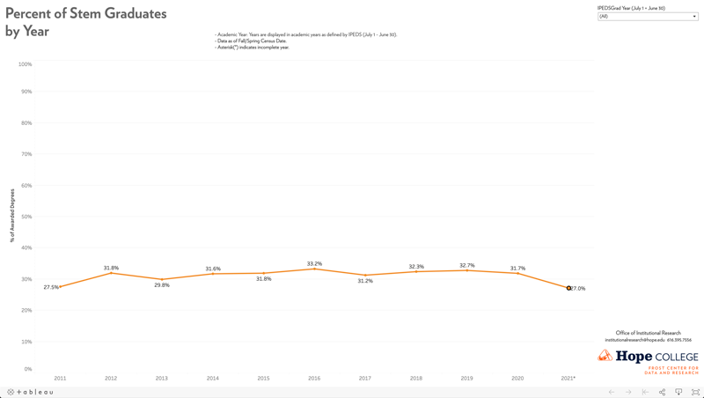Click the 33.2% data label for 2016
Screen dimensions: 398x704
click(x=314, y=264)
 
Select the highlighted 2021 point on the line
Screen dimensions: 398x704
click(x=568, y=288)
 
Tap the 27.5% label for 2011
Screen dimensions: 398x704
click(x=51, y=287)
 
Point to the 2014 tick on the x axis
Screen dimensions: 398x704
click(x=213, y=379)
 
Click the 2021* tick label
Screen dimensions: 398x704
click(x=568, y=379)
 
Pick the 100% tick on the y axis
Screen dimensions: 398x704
click(x=25, y=64)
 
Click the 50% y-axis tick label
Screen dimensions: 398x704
click(x=26, y=217)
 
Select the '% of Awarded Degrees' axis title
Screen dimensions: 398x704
click(x=13, y=215)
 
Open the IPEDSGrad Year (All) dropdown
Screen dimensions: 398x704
click(x=648, y=17)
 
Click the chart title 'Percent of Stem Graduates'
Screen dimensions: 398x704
click(x=85, y=14)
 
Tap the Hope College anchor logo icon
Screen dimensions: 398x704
click(x=605, y=356)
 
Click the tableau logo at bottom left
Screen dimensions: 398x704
click(x=31, y=392)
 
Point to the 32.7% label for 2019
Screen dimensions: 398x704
click(x=466, y=265)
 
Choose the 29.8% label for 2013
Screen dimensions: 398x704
click(x=162, y=285)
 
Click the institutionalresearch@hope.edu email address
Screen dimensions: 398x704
click(x=634, y=340)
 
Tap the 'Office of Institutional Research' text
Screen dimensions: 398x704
click(x=648, y=333)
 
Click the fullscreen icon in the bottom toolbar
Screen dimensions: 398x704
click(x=695, y=392)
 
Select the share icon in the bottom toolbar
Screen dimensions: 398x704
click(x=662, y=392)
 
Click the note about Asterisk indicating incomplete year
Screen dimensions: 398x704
click(x=253, y=48)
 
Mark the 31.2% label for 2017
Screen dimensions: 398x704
click(x=365, y=281)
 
